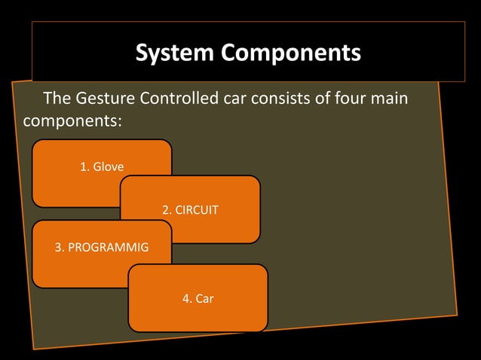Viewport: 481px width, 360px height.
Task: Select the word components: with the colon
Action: click(72, 121)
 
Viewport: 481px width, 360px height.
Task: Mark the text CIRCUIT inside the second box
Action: click(197, 209)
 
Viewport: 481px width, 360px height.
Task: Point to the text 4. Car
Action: click(198, 299)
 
